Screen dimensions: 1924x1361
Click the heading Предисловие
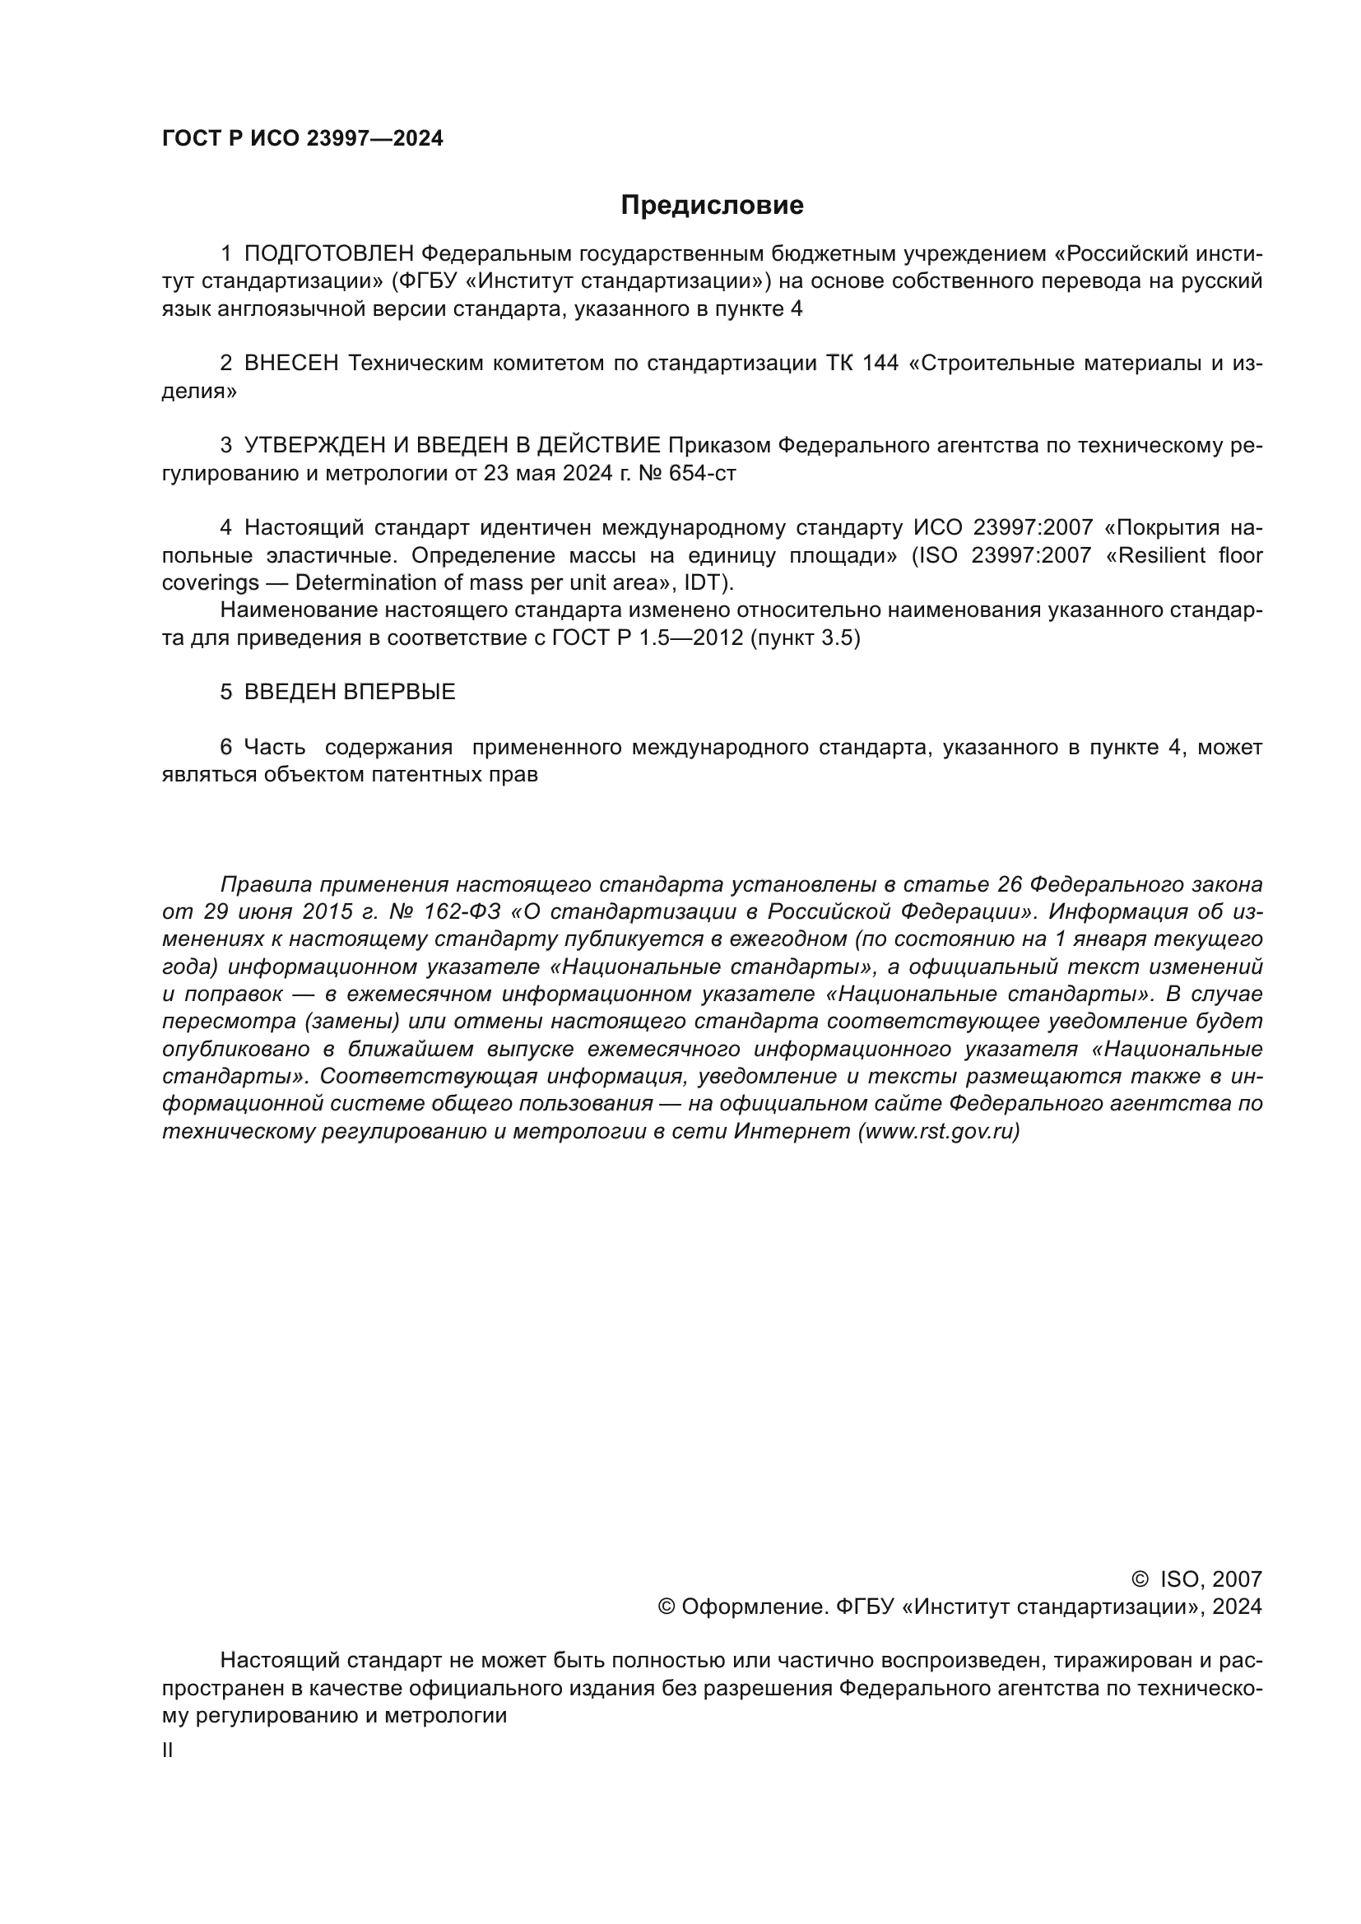point(712,206)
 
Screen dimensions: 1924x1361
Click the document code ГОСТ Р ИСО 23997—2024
point(303,139)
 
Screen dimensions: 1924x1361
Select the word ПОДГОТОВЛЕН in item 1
point(328,254)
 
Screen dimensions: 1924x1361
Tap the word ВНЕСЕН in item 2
point(290,364)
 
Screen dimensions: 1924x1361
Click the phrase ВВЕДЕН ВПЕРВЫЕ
point(350,692)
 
